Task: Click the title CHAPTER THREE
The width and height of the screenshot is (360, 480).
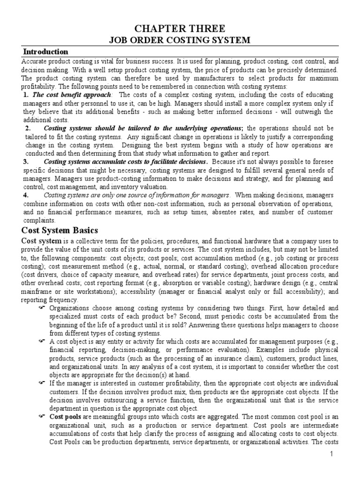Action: click(180, 28)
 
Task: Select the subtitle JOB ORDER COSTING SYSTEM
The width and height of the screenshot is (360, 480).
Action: click(180, 40)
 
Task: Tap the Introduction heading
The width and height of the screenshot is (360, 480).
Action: click(45, 52)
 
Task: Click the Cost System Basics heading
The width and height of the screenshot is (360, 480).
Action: click(60, 230)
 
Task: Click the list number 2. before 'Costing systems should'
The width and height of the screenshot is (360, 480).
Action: click(28, 128)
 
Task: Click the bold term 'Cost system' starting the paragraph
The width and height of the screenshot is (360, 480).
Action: click(41, 241)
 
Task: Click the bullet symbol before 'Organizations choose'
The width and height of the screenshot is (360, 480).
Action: click(41, 307)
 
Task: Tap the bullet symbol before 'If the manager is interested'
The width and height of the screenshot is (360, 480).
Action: click(41, 383)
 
